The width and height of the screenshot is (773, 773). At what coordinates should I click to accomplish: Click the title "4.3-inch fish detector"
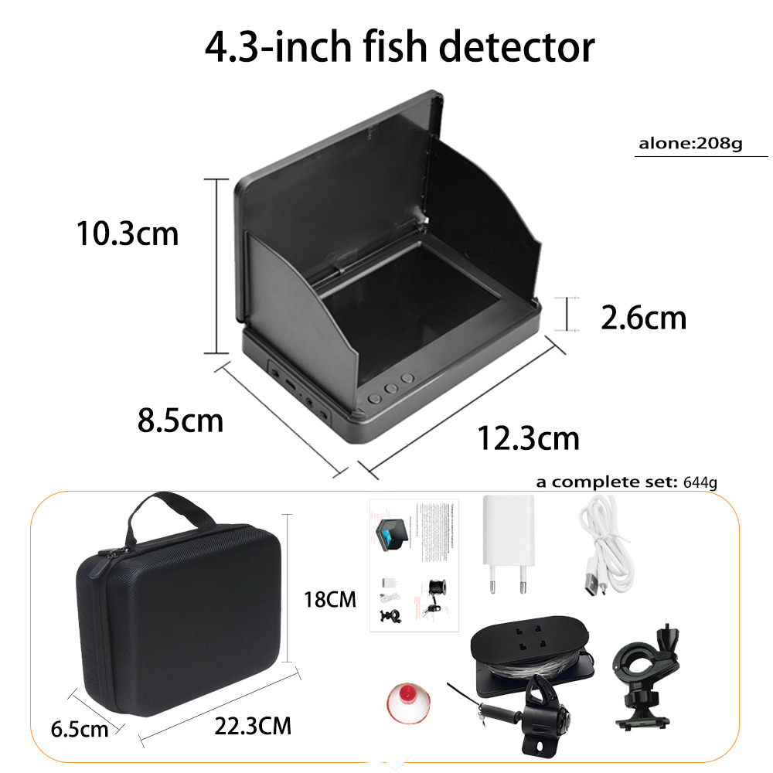(400, 47)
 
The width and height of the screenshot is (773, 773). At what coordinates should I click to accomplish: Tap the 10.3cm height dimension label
(127, 233)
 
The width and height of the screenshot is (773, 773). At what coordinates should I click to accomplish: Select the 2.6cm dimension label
(643, 317)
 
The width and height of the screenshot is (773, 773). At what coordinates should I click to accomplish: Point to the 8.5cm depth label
(180, 421)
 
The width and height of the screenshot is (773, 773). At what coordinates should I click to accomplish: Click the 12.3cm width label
(528, 438)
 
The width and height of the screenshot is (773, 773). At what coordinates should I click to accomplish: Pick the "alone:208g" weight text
(690, 144)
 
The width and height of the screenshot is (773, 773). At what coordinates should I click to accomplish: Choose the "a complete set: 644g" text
(627, 483)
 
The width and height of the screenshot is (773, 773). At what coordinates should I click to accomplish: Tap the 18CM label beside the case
(332, 599)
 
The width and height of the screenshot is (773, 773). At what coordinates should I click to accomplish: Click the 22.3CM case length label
(253, 726)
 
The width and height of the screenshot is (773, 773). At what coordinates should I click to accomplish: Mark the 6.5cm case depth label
(79, 728)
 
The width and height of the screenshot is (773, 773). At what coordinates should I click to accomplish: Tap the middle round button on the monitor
(391, 390)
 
